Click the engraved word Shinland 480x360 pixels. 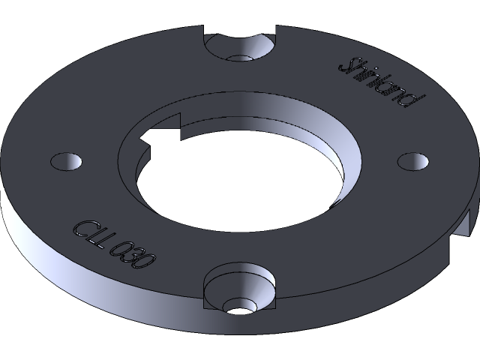tap(382, 81)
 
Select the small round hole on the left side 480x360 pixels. tap(66, 161)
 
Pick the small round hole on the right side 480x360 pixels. tap(412, 160)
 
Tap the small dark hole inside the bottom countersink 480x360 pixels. tap(239, 307)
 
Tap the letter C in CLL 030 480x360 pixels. tap(82, 227)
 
